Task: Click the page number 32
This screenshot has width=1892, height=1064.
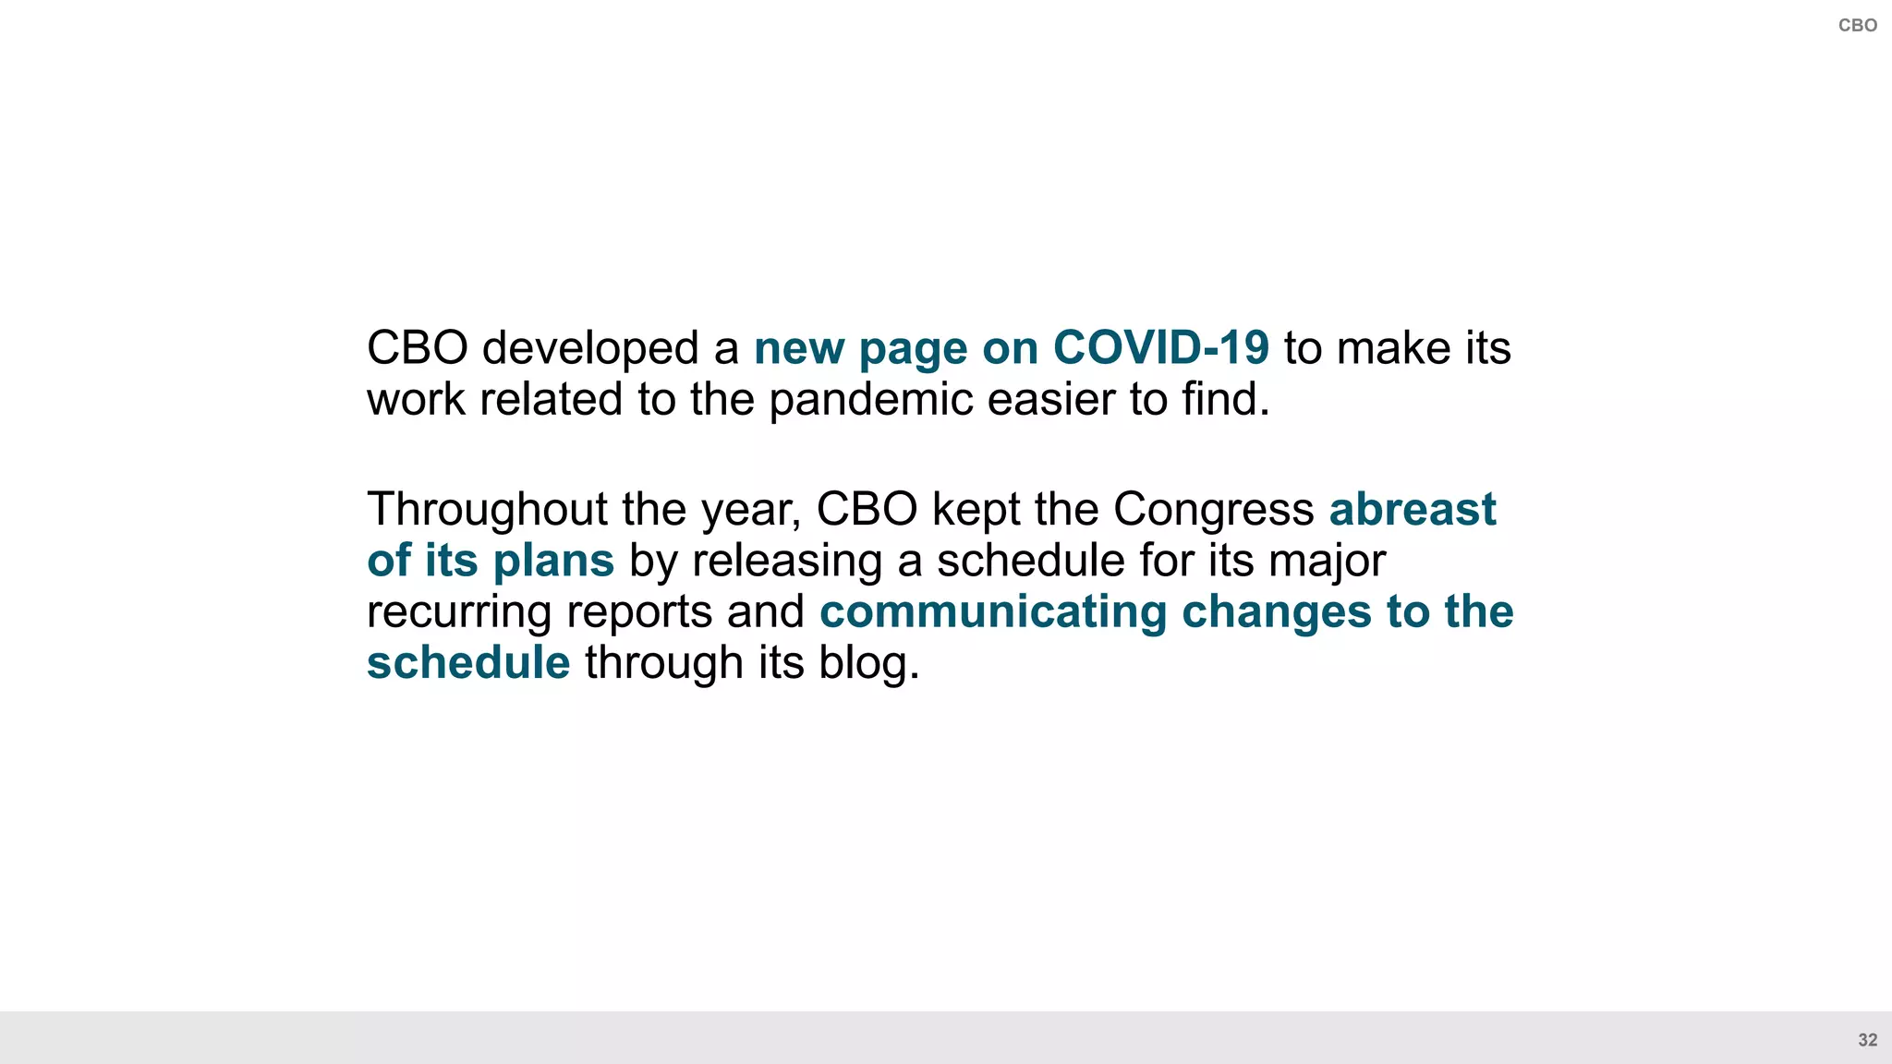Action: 1867,1040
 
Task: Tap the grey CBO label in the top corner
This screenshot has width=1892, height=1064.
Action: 1857,26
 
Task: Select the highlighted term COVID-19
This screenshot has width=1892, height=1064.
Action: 1161,348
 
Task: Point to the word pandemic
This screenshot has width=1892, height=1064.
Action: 870,400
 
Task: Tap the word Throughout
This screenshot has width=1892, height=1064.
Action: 487,509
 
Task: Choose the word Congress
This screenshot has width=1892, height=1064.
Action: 1213,509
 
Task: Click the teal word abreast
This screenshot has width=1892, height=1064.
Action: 1413,509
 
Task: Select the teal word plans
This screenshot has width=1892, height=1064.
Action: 553,561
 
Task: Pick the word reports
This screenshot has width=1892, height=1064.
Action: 639,613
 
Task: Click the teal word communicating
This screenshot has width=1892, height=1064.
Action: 993,611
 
